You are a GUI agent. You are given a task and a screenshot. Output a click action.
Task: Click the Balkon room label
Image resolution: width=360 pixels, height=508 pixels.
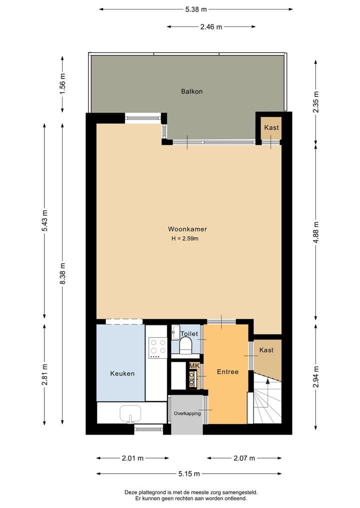[191, 91]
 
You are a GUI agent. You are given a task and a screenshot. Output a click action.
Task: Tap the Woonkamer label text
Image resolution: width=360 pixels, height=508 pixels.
[187, 229]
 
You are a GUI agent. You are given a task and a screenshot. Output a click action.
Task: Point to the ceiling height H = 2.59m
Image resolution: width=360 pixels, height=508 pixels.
[185, 238]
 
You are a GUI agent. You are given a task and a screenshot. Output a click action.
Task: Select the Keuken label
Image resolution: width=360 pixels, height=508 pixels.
[122, 374]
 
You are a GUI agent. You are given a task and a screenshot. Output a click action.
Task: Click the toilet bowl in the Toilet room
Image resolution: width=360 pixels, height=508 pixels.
[186, 346]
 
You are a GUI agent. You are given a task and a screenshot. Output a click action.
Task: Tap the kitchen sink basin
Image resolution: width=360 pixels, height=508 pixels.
[130, 414]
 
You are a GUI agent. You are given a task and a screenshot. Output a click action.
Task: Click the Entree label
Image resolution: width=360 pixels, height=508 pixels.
[227, 372]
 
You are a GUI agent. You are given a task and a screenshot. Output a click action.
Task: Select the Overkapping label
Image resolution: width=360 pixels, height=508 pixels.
[187, 414]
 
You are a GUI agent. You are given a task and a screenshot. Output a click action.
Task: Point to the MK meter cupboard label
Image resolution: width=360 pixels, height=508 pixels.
[194, 366]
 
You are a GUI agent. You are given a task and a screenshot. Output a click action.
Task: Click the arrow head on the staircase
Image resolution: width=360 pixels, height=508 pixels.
[267, 381]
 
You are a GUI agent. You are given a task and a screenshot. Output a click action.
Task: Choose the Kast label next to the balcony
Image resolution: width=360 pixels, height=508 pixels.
[271, 128]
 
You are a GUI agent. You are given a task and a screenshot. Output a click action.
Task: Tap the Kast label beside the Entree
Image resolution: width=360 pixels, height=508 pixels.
[266, 350]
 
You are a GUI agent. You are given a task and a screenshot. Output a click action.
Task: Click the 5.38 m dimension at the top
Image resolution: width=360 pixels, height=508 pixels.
[196, 9]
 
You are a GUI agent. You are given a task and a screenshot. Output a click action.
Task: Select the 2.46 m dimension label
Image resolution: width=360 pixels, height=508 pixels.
[211, 27]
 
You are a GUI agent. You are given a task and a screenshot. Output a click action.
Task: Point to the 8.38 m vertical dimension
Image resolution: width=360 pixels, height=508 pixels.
[63, 274]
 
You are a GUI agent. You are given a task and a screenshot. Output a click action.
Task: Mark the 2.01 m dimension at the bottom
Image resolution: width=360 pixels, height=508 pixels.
[132, 458]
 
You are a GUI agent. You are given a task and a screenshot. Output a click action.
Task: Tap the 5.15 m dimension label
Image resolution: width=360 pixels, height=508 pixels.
[189, 474]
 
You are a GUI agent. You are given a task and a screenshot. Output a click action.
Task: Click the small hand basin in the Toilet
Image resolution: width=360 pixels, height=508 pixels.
[175, 332]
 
